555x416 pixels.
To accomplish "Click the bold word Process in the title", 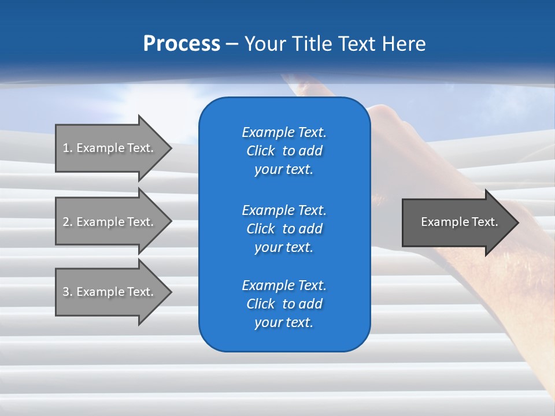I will point(182,44).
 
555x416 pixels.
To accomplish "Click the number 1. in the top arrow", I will point(68,148).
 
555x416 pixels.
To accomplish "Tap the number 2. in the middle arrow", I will point(68,222).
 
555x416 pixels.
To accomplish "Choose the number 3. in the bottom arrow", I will point(68,292).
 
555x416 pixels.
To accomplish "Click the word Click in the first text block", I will point(260,151).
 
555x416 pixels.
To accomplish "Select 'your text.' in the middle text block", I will point(284,247).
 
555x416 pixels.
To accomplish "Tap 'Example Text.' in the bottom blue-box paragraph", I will point(284,285).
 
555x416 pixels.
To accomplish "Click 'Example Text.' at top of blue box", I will point(284,132).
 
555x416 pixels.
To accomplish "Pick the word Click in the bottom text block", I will point(260,304).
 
